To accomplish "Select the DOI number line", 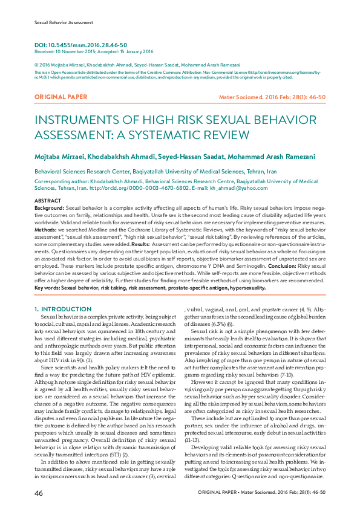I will [80, 45].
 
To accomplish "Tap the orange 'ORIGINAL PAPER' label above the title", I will [61, 97].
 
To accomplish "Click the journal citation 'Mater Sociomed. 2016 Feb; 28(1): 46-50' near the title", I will [272, 97].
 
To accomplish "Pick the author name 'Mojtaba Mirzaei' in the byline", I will [59, 157].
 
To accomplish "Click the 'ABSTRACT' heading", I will [48, 200].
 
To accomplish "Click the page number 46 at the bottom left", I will [38, 493].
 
